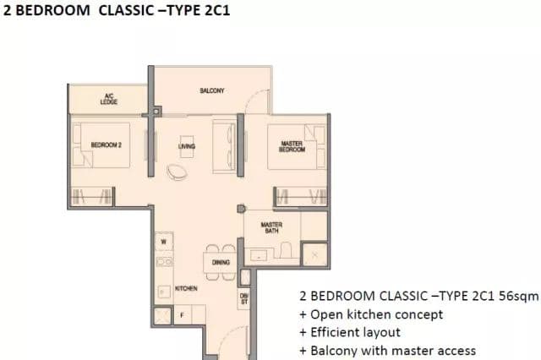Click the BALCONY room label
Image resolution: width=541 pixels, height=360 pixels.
point(212,90)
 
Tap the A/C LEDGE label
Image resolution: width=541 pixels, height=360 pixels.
point(109,99)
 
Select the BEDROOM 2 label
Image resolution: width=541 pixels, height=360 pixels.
point(106,145)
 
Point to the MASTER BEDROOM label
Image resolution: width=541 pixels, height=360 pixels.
point(292,146)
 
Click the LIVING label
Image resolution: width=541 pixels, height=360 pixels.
point(187,146)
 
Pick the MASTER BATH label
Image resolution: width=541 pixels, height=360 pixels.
point(271,227)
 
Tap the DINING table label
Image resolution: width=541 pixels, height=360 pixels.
point(221,263)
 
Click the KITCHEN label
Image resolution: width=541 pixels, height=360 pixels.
point(186,288)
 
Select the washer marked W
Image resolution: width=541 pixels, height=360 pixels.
point(164,242)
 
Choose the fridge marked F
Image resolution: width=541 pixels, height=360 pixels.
point(183,315)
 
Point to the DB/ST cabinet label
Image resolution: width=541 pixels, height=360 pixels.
point(244,299)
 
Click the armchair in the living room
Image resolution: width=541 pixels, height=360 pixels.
point(178,172)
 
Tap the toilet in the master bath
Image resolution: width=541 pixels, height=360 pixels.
point(286,250)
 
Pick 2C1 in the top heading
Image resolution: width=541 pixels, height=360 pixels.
point(217,10)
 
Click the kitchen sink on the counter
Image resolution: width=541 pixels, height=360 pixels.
point(164,262)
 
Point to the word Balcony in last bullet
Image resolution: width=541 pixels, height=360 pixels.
point(334,351)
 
